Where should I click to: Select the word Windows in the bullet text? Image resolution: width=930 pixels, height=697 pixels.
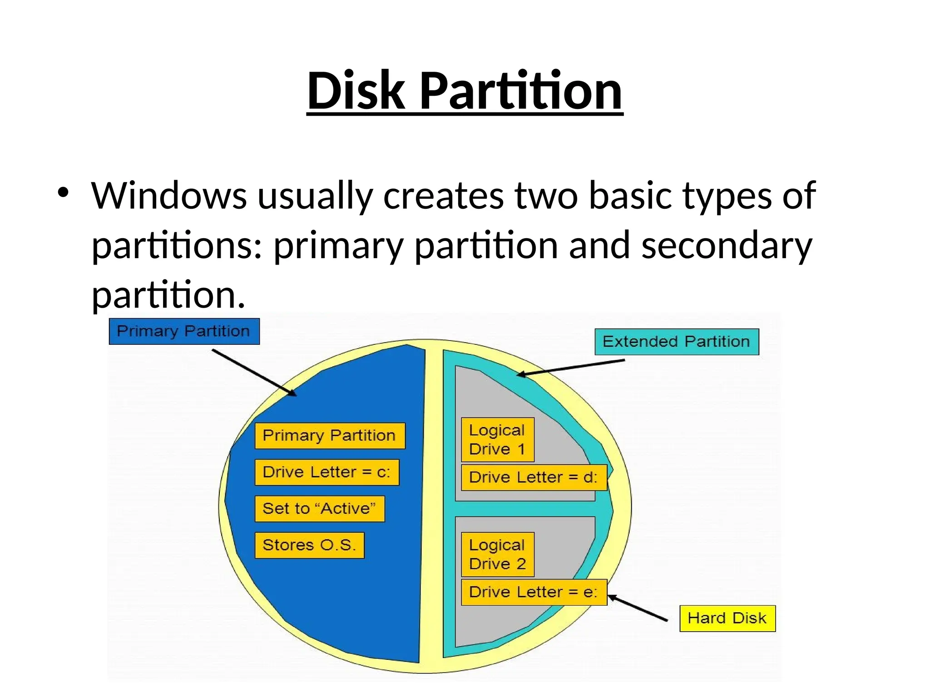click(x=169, y=196)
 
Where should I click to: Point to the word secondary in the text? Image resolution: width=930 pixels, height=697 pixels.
click(x=727, y=245)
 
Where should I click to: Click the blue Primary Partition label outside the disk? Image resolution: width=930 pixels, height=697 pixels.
click(x=184, y=331)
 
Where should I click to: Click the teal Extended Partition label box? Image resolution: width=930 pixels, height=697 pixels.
click(x=677, y=342)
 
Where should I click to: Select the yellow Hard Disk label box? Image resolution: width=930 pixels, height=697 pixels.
click(x=727, y=618)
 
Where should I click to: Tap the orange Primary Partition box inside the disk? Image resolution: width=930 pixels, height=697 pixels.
click(x=330, y=436)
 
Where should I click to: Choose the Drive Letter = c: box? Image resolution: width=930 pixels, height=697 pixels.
click(x=326, y=472)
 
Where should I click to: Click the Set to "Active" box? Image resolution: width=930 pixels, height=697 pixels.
click(x=319, y=509)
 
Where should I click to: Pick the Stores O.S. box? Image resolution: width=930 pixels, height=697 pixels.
click(x=309, y=545)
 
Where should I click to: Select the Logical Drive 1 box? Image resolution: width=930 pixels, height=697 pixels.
click(x=497, y=440)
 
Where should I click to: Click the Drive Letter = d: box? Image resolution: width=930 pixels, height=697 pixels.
click(x=534, y=477)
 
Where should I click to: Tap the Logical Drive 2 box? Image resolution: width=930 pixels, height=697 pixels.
click(x=497, y=555)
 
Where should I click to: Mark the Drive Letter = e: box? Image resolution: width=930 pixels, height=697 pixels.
click(x=534, y=592)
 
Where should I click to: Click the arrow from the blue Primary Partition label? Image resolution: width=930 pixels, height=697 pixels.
click(x=254, y=373)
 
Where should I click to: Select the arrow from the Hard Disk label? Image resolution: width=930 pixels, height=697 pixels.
click(x=638, y=608)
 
